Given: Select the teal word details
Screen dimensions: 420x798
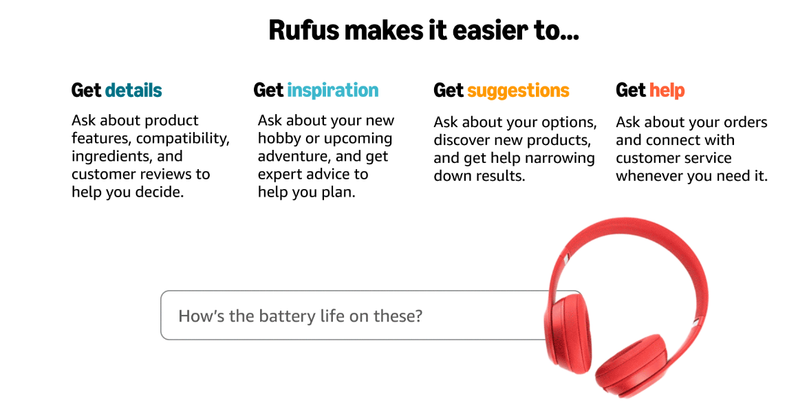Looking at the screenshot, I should coord(133,90).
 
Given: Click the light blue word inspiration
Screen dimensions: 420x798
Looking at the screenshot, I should coord(332,90).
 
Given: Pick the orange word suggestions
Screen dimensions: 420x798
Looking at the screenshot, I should coord(518,90).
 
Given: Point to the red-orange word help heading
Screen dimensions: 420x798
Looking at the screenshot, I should coord(667,90).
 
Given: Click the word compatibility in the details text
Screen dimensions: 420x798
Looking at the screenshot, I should coord(183,138).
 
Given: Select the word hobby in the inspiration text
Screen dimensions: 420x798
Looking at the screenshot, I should coord(279,138).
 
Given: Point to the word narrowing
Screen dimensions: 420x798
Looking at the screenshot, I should coord(561,158).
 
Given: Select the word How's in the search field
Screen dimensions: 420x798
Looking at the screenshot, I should coord(199,316).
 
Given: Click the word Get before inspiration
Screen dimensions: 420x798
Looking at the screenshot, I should coord(268,90).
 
